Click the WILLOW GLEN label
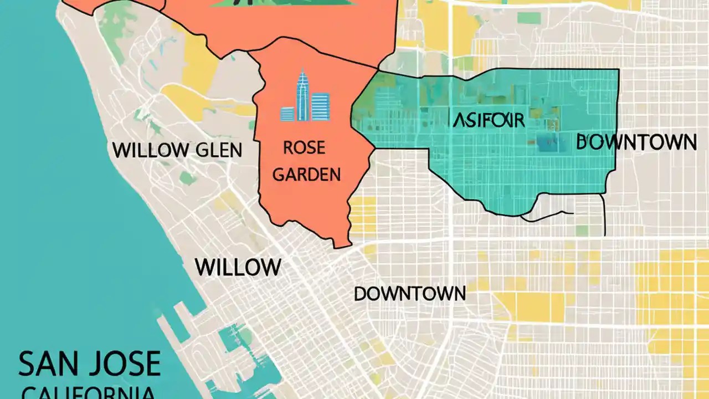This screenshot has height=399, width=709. (177, 150)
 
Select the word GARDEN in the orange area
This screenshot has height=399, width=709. (307, 175)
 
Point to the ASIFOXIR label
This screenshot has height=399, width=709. (488, 120)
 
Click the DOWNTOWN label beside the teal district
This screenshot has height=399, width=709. (636, 142)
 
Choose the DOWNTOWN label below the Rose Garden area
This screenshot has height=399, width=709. (410, 294)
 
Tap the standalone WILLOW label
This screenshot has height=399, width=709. (238, 268)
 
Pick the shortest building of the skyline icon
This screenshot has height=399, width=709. (287, 114)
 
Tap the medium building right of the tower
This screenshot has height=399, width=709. (320, 106)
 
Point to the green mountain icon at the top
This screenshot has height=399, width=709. (282, 3)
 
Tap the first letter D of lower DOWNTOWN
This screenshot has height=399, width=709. (361, 294)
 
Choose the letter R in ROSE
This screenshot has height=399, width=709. (289, 149)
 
